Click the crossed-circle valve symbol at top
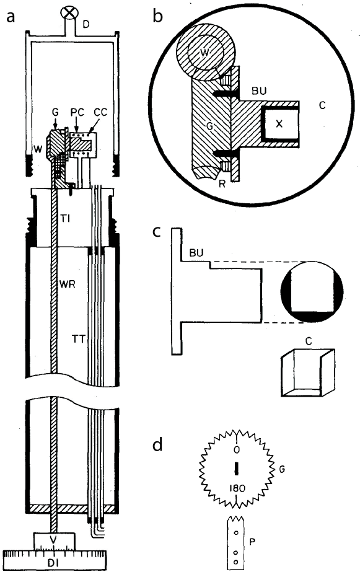(69, 11)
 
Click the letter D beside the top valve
(86, 24)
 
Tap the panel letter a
(10, 16)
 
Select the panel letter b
(159, 16)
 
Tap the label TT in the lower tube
(78, 338)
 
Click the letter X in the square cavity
(279, 123)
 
